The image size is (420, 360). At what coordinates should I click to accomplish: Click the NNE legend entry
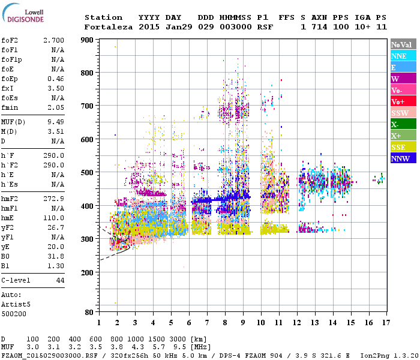403,56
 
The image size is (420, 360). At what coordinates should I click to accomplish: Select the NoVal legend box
403,44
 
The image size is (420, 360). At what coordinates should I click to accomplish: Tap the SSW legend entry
403,113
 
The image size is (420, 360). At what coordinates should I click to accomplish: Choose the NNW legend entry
403,158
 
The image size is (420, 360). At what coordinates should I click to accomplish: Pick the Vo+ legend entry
403,101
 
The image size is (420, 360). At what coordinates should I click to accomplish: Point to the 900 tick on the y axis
86,40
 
